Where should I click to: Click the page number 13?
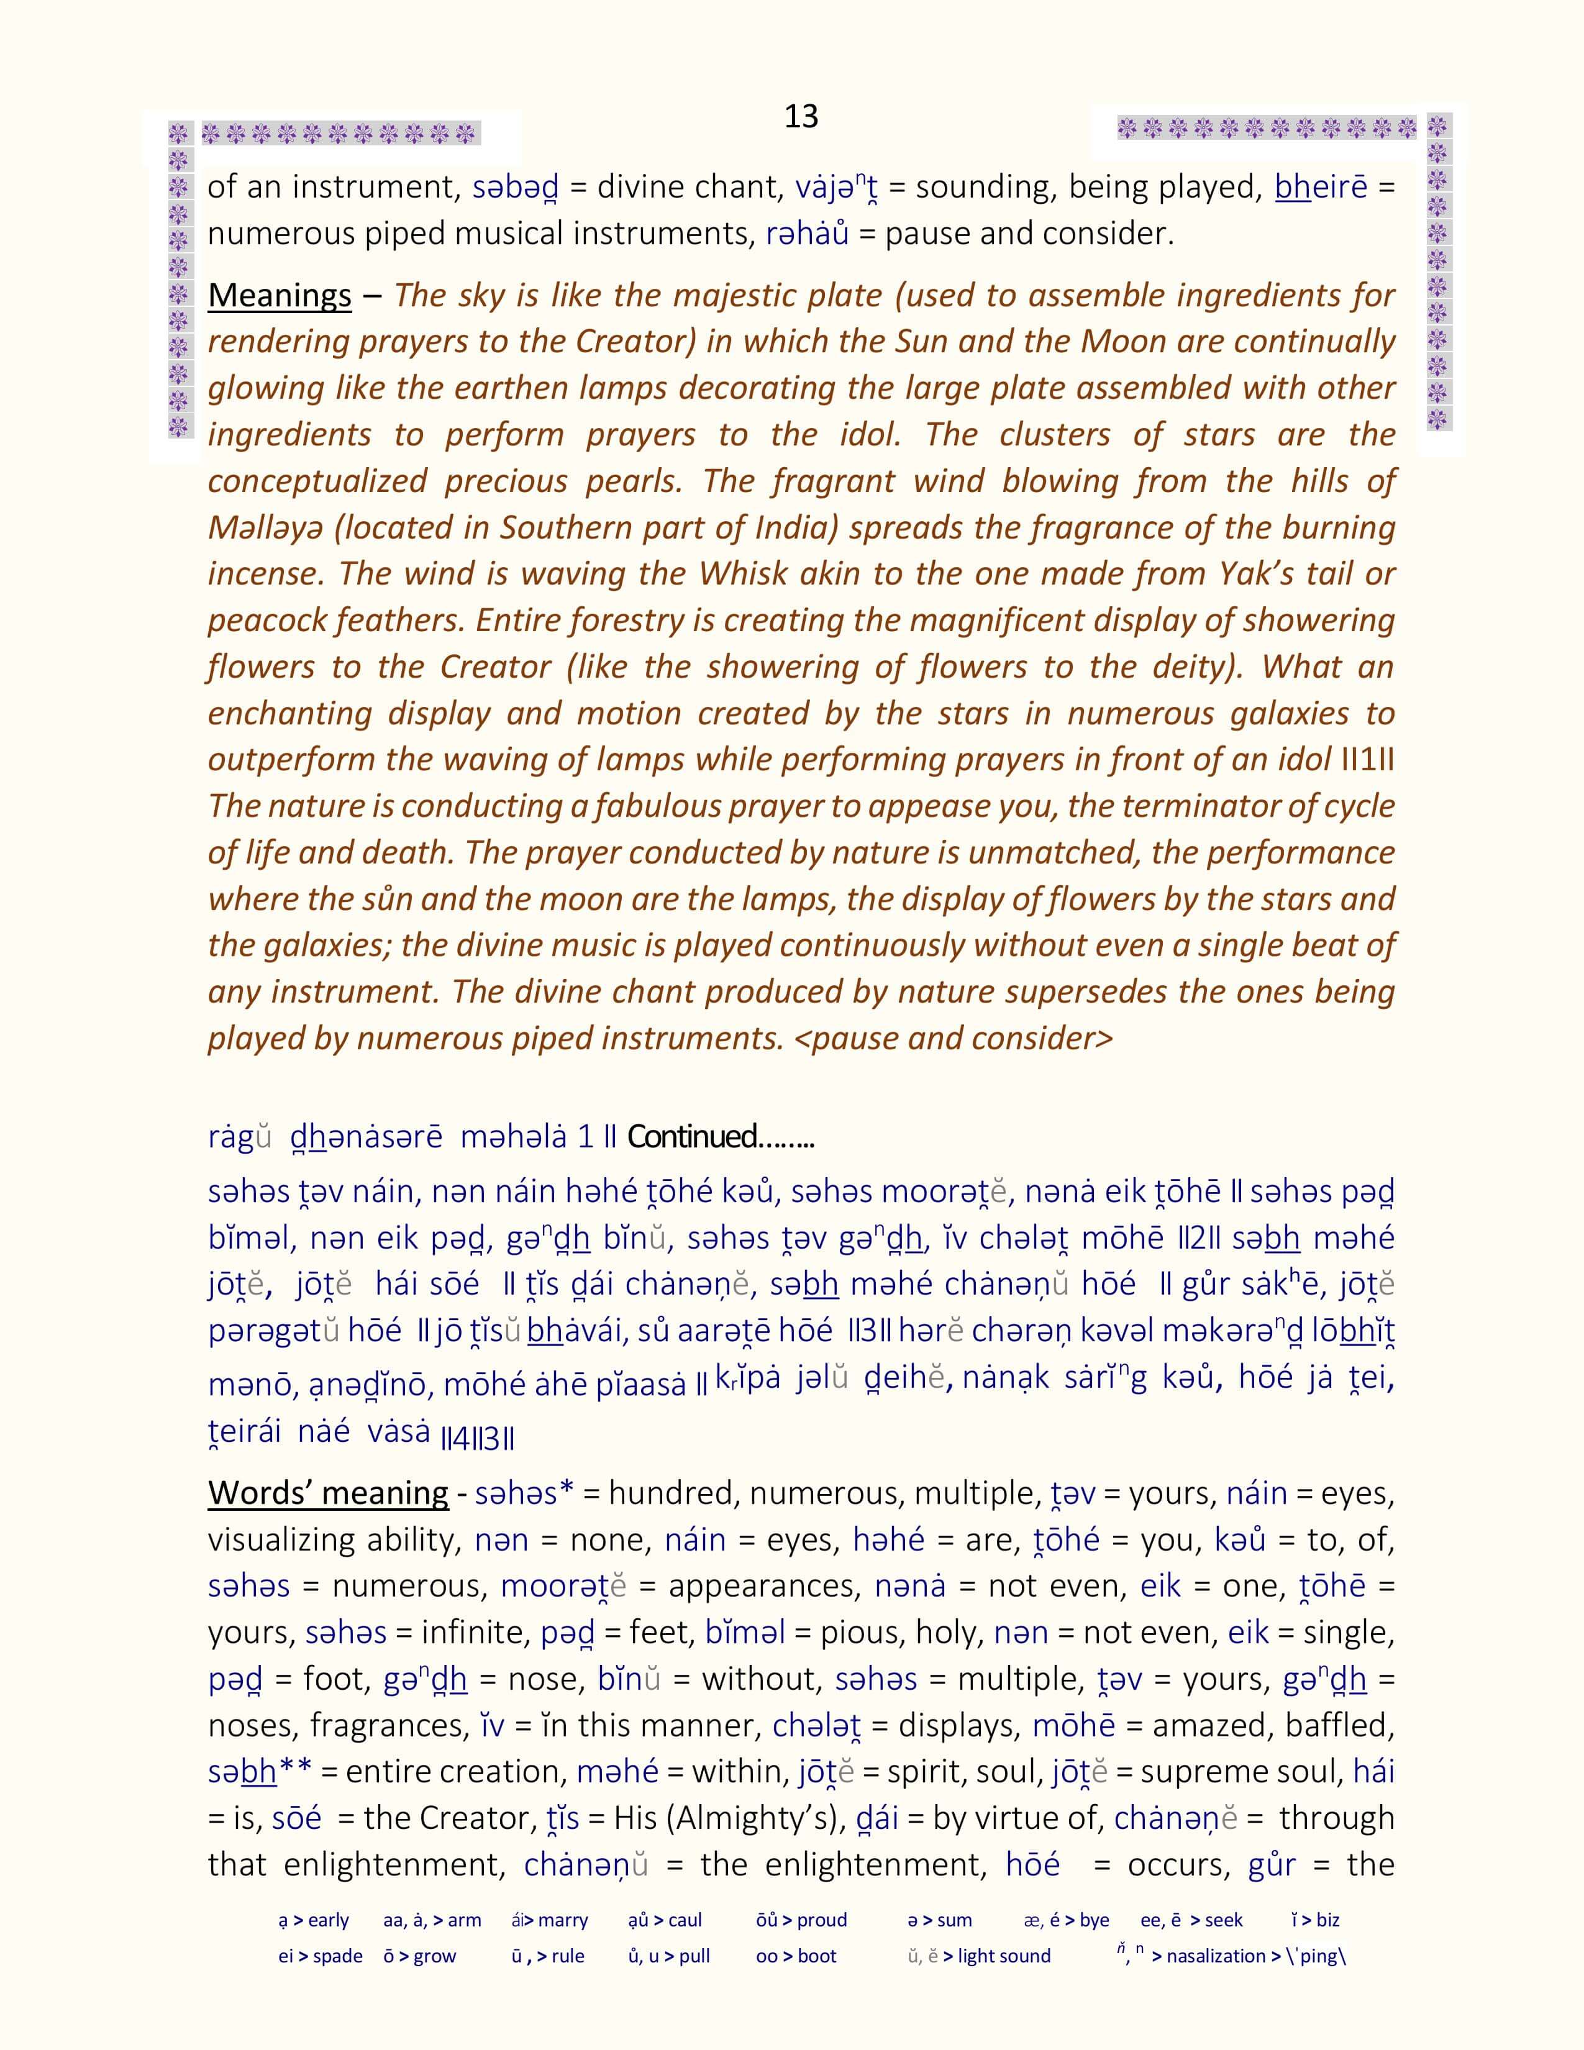(801, 116)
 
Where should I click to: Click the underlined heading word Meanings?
(280, 296)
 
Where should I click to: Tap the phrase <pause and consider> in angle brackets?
(954, 1038)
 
